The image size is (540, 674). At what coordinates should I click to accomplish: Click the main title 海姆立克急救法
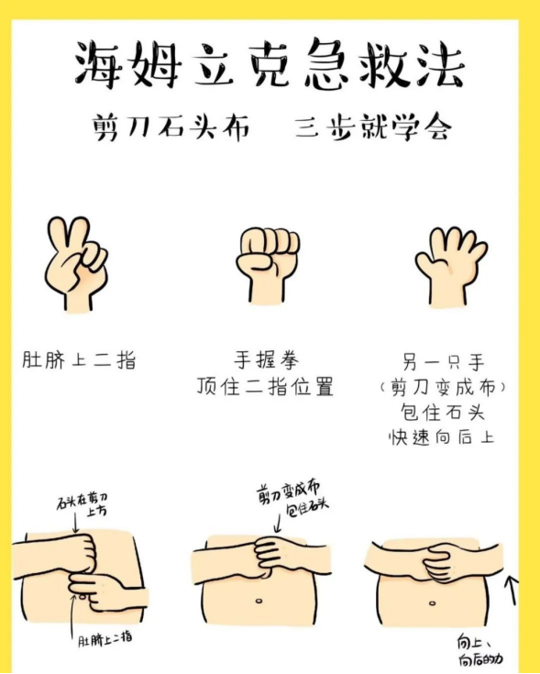(x=270, y=64)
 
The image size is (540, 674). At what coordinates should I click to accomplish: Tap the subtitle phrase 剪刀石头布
(x=171, y=127)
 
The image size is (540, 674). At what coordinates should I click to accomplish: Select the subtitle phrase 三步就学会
(x=373, y=127)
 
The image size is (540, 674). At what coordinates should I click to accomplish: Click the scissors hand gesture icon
(x=76, y=263)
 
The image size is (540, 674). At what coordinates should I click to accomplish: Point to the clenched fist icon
(x=268, y=265)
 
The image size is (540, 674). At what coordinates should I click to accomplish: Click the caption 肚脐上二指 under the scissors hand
(x=79, y=360)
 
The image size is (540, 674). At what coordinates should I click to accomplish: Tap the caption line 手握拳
(x=267, y=360)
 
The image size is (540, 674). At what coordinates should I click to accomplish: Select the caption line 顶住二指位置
(x=266, y=386)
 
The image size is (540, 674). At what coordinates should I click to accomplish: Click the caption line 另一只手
(x=444, y=362)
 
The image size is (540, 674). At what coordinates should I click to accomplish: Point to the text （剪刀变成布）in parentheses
(x=443, y=388)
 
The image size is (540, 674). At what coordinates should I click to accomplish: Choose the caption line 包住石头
(x=443, y=413)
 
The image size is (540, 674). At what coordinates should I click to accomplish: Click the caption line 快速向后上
(x=442, y=438)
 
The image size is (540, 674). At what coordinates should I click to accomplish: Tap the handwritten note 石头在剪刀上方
(x=82, y=503)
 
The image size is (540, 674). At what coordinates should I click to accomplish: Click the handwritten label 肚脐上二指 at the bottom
(x=105, y=639)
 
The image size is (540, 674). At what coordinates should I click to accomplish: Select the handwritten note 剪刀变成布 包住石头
(x=292, y=499)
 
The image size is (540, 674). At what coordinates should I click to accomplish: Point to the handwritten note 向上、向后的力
(x=479, y=650)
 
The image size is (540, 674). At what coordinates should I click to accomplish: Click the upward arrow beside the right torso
(x=512, y=591)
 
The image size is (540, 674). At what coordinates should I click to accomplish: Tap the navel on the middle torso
(x=259, y=601)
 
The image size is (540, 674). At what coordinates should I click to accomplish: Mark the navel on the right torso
(x=433, y=603)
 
